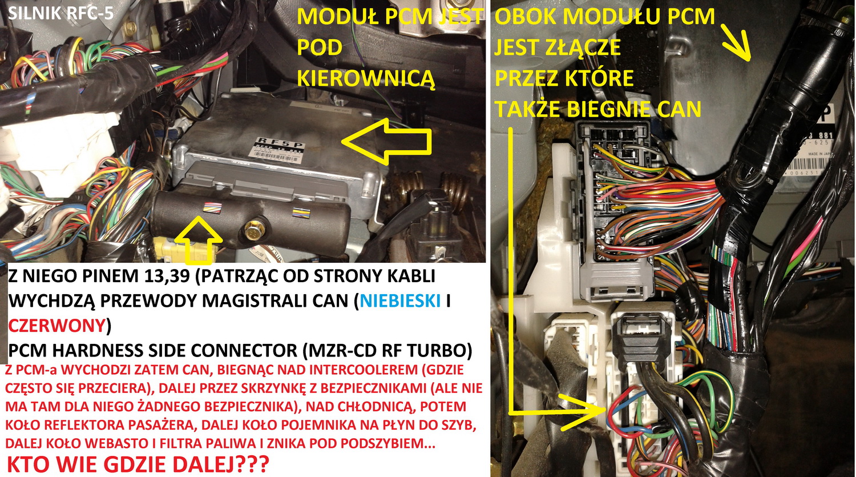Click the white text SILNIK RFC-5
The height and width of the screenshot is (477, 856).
click(60, 13)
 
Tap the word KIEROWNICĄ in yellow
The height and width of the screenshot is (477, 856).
click(366, 78)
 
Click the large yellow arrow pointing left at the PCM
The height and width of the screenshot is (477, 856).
click(386, 141)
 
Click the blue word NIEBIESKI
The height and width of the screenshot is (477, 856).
click(401, 302)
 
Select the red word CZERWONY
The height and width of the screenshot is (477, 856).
click(56, 326)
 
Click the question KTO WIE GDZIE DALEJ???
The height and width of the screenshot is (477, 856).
click(138, 464)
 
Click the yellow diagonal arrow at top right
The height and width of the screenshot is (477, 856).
click(735, 42)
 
